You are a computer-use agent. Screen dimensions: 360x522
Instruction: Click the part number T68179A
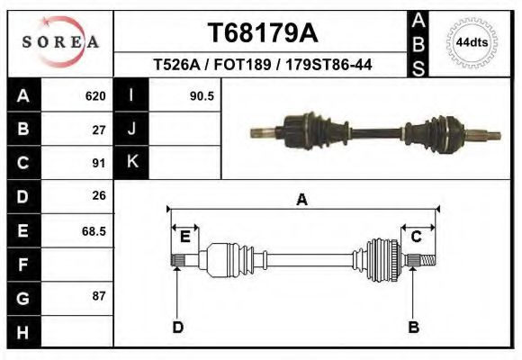pos(261,33)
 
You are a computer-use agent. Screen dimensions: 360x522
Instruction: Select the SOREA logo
pos(61,42)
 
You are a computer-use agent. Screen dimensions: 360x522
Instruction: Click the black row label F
pos(22,265)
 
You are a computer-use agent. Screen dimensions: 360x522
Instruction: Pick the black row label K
pos(131,163)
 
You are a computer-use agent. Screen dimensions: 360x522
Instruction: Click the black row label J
pos(131,130)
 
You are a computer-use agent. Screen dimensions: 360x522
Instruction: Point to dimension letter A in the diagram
pos(301,200)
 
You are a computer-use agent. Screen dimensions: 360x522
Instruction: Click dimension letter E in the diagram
pos(184,237)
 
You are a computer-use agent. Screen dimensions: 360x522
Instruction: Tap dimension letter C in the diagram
pos(417,237)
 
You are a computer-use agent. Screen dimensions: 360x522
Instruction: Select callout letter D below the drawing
pos(177,327)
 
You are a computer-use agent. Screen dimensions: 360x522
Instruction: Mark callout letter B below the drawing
pos(414,327)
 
